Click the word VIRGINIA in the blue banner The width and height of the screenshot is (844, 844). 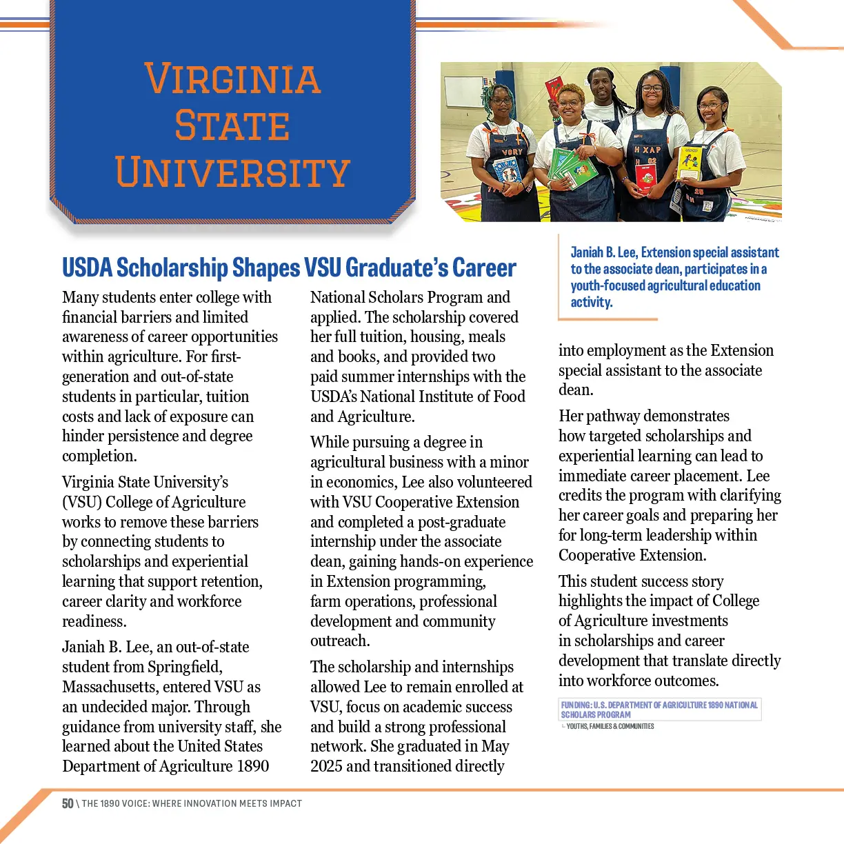pos(232,79)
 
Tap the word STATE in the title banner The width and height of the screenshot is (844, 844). pos(232,125)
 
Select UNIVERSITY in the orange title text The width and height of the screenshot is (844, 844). pos(232,172)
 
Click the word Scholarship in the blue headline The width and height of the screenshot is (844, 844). pos(172,268)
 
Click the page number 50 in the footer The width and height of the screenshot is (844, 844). pos(68,803)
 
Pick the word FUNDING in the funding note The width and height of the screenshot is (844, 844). pos(576,705)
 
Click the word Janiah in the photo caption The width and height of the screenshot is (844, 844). pos(586,252)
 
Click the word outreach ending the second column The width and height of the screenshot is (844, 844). pos(340,641)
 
